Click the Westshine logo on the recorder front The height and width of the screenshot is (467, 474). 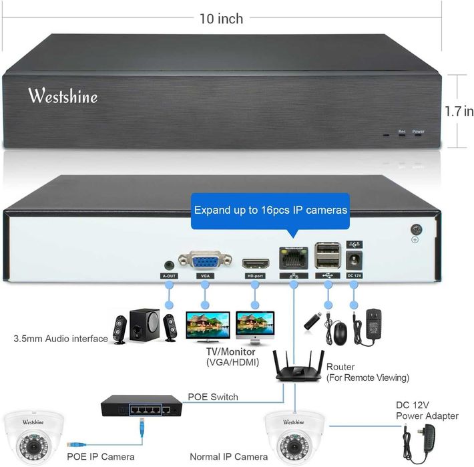tap(63, 96)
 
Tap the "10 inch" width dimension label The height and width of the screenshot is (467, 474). tap(220, 18)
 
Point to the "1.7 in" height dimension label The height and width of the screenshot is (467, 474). tap(459, 111)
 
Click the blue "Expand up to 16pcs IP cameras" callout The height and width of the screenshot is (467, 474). tap(270, 210)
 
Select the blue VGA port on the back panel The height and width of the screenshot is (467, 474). tap(205, 259)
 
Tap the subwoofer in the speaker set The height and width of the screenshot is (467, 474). tap(144, 325)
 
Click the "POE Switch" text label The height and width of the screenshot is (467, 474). tap(212, 397)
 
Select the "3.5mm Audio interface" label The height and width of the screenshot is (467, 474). tap(61, 339)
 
